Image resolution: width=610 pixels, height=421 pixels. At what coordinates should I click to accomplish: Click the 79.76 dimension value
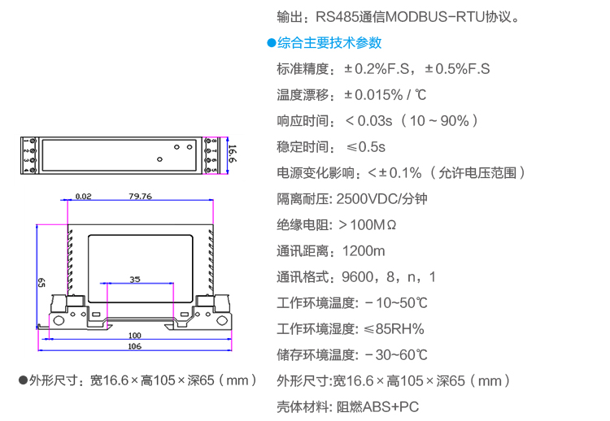pos(140,196)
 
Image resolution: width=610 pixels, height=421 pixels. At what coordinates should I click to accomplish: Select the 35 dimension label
pos(135,279)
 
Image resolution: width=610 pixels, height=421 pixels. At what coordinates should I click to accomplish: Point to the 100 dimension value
pos(134,335)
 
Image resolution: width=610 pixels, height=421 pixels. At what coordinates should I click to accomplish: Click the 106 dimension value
pos(134,346)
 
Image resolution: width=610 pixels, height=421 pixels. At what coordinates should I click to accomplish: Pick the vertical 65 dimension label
pos(41,282)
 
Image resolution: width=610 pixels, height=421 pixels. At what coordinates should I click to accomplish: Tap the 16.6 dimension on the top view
pos(232,154)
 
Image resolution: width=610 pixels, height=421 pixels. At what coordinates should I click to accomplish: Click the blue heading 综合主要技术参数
pos(329,43)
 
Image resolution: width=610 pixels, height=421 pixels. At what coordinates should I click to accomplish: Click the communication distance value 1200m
pos(364,251)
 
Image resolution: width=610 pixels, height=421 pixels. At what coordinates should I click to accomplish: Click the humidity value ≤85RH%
pos(394,329)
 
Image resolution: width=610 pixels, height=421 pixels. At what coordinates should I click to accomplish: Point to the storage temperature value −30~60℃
pos(397,355)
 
